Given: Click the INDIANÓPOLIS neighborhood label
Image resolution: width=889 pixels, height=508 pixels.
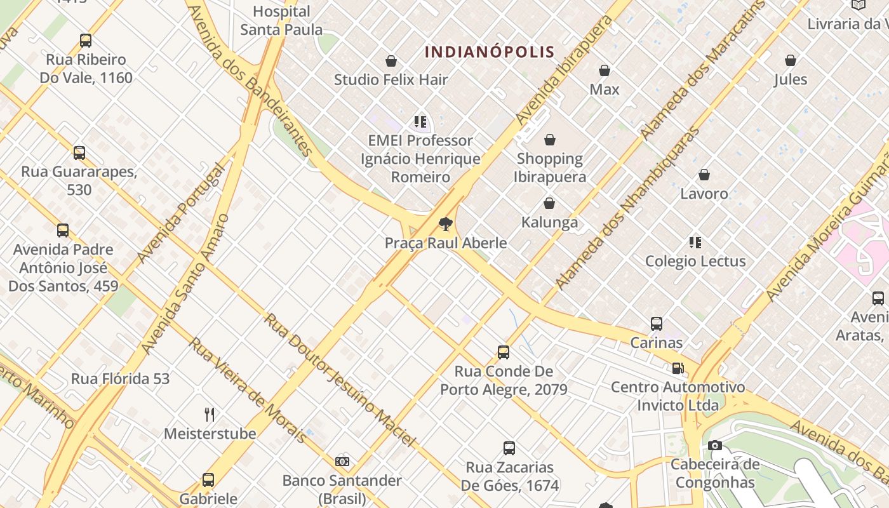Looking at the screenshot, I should (490, 51).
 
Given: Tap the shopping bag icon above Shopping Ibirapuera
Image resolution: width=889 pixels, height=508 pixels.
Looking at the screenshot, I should (550, 140).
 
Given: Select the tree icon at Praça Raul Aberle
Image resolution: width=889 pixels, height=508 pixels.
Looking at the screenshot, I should (445, 224).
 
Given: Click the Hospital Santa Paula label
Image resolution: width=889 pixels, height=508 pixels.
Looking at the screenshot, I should (281, 20).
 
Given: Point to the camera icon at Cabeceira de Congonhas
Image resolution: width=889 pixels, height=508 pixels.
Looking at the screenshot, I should (715, 446).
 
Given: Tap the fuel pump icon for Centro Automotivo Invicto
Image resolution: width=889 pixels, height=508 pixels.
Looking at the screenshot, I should (678, 368).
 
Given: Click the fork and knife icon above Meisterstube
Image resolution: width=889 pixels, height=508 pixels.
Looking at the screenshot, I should (210, 415).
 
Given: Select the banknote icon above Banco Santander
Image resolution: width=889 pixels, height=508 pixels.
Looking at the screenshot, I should (342, 462).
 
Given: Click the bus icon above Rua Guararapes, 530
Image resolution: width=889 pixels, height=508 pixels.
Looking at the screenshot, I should (79, 153).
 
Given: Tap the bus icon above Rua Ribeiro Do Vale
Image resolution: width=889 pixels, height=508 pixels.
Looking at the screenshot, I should (86, 41).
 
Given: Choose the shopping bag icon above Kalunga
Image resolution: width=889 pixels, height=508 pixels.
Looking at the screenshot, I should (549, 204).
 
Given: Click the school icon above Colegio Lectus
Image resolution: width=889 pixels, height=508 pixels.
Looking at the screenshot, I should (695, 243).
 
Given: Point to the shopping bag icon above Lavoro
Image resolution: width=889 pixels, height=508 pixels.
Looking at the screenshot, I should (704, 175).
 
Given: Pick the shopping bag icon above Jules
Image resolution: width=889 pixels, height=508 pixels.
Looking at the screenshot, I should (791, 61).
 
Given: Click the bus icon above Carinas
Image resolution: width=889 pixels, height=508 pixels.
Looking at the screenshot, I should (657, 324).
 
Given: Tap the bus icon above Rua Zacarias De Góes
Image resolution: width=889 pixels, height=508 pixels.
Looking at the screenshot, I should (509, 448).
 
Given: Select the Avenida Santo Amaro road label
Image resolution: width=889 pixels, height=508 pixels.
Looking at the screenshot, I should (184, 284).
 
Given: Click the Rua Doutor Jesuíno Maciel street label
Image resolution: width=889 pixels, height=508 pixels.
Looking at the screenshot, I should (340, 380).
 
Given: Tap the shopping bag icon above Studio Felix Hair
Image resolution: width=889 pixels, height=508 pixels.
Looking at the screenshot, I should (391, 61).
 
